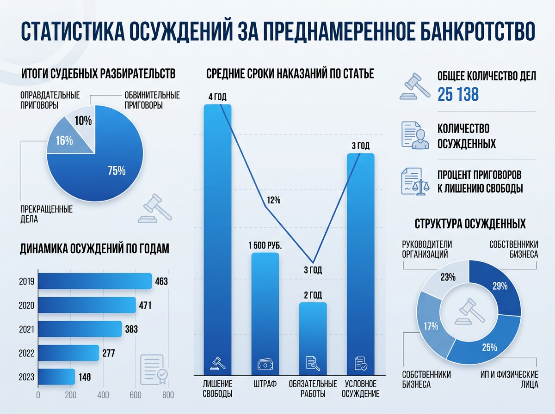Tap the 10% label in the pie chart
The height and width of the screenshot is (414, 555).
(83, 121)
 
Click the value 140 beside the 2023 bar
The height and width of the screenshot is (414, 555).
(84, 377)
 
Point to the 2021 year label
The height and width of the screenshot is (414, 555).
(27, 329)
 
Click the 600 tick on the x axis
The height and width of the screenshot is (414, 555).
(136, 395)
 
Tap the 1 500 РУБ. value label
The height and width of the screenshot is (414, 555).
(265, 245)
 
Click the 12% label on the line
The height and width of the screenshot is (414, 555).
(274, 201)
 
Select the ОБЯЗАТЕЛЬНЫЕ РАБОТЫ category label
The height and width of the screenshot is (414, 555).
(313, 389)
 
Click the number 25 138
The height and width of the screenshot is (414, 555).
(458, 95)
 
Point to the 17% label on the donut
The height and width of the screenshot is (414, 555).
(431, 326)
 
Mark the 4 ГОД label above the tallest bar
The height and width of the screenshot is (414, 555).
(217, 97)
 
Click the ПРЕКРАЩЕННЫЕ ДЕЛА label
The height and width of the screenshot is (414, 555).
(46, 214)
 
